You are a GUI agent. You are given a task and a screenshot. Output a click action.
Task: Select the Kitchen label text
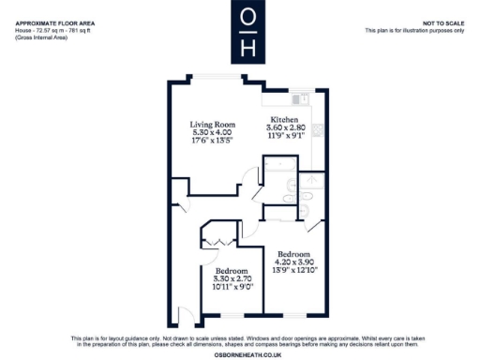click(285, 120)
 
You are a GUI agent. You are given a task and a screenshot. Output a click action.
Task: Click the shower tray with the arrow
click(312, 182)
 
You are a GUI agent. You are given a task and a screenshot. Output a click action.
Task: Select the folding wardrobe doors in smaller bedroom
click(217, 243)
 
